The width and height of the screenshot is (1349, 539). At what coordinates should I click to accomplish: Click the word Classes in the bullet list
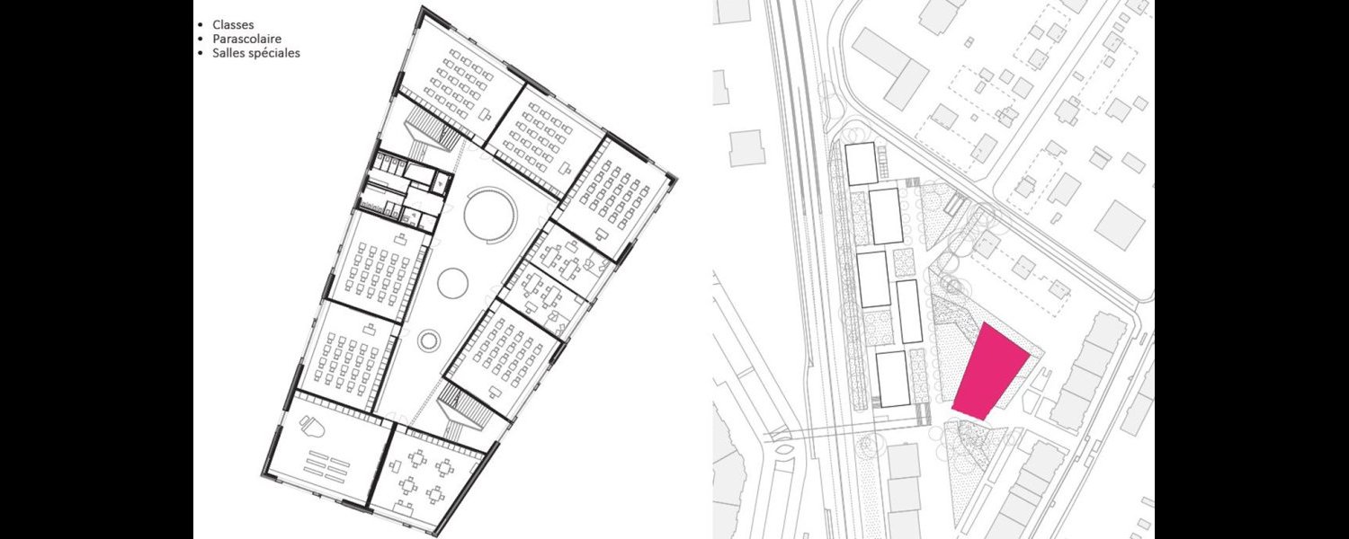coord(233,24)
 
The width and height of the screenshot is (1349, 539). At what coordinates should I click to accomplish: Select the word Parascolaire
coord(247,40)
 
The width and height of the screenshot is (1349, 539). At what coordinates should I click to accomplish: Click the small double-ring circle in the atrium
coord(428,340)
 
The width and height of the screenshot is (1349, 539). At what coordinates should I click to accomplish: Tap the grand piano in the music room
coord(314,427)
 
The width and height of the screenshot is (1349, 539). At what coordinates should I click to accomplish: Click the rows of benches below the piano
coord(327,465)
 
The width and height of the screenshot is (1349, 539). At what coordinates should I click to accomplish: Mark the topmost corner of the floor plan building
coord(422,6)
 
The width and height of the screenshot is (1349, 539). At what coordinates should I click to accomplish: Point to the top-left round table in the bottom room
coord(415,458)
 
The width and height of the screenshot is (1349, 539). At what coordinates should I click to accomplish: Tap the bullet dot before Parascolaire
coord(201,40)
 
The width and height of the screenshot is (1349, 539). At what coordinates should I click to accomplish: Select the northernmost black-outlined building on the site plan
coord(862,163)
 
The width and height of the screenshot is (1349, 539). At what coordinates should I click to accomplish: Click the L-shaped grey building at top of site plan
coord(892,67)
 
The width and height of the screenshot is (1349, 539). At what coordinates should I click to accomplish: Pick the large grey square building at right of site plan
coord(1119,225)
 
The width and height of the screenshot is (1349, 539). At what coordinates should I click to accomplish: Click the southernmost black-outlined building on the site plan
coord(892,379)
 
